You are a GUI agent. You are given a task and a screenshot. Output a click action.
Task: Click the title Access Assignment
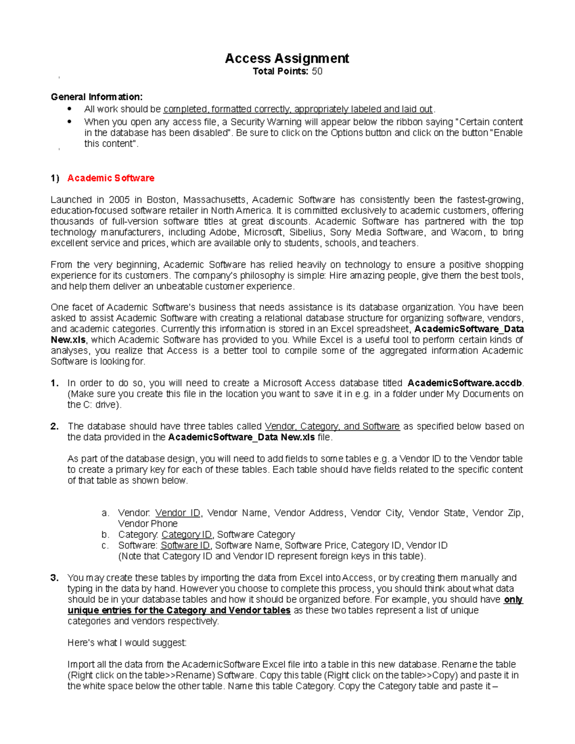pyautogui.click(x=287, y=58)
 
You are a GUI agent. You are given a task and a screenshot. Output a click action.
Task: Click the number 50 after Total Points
pyautogui.click(x=317, y=71)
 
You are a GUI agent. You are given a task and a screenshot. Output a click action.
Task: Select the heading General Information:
pyautogui.click(x=97, y=97)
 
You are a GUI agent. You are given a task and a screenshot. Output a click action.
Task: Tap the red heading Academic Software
pyautogui.click(x=111, y=178)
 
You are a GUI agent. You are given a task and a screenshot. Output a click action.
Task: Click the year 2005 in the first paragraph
pyautogui.click(x=119, y=200)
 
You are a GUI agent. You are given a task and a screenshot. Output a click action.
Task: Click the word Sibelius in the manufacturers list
pyautogui.click(x=306, y=232)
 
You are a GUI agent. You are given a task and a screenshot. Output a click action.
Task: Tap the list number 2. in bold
pyautogui.click(x=55, y=426)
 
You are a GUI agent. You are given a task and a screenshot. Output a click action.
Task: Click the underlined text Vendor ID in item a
pyautogui.click(x=178, y=513)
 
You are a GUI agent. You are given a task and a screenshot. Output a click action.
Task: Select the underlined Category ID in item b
pyautogui.click(x=186, y=535)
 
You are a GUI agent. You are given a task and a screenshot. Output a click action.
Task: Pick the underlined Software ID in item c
pyautogui.click(x=185, y=546)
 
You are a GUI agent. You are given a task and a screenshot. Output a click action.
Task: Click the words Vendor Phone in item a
pyautogui.click(x=148, y=524)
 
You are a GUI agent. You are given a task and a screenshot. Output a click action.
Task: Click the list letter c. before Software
pyautogui.click(x=105, y=546)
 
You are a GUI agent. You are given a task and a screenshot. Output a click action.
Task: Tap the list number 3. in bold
pyautogui.click(x=55, y=578)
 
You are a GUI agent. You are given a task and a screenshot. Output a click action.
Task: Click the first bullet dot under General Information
pyautogui.click(x=70, y=109)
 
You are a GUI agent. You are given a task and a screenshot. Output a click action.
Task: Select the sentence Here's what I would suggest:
pyautogui.click(x=127, y=643)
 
